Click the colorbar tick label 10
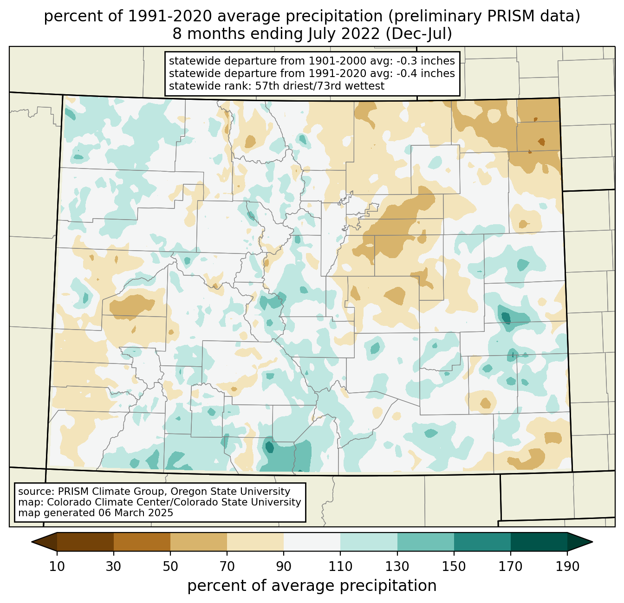pyautogui.click(x=57, y=566)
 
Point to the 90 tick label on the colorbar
pyautogui.click(x=284, y=566)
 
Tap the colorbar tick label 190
pyautogui.click(x=567, y=566)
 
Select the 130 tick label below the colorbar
pyautogui.click(x=397, y=566)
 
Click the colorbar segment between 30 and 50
pyautogui.click(x=142, y=542)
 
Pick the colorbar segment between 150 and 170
pyautogui.click(x=482, y=542)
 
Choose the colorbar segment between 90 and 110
pyautogui.click(x=312, y=542)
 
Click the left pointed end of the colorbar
pyautogui.click(x=32, y=542)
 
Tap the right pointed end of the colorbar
pyautogui.click(x=592, y=542)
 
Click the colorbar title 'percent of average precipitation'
pyautogui.click(x=312, y=586)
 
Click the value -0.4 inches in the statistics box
pyautogui.click(x=425, y=73)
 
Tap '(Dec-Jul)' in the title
pyautogui.click(x=419, y=34)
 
